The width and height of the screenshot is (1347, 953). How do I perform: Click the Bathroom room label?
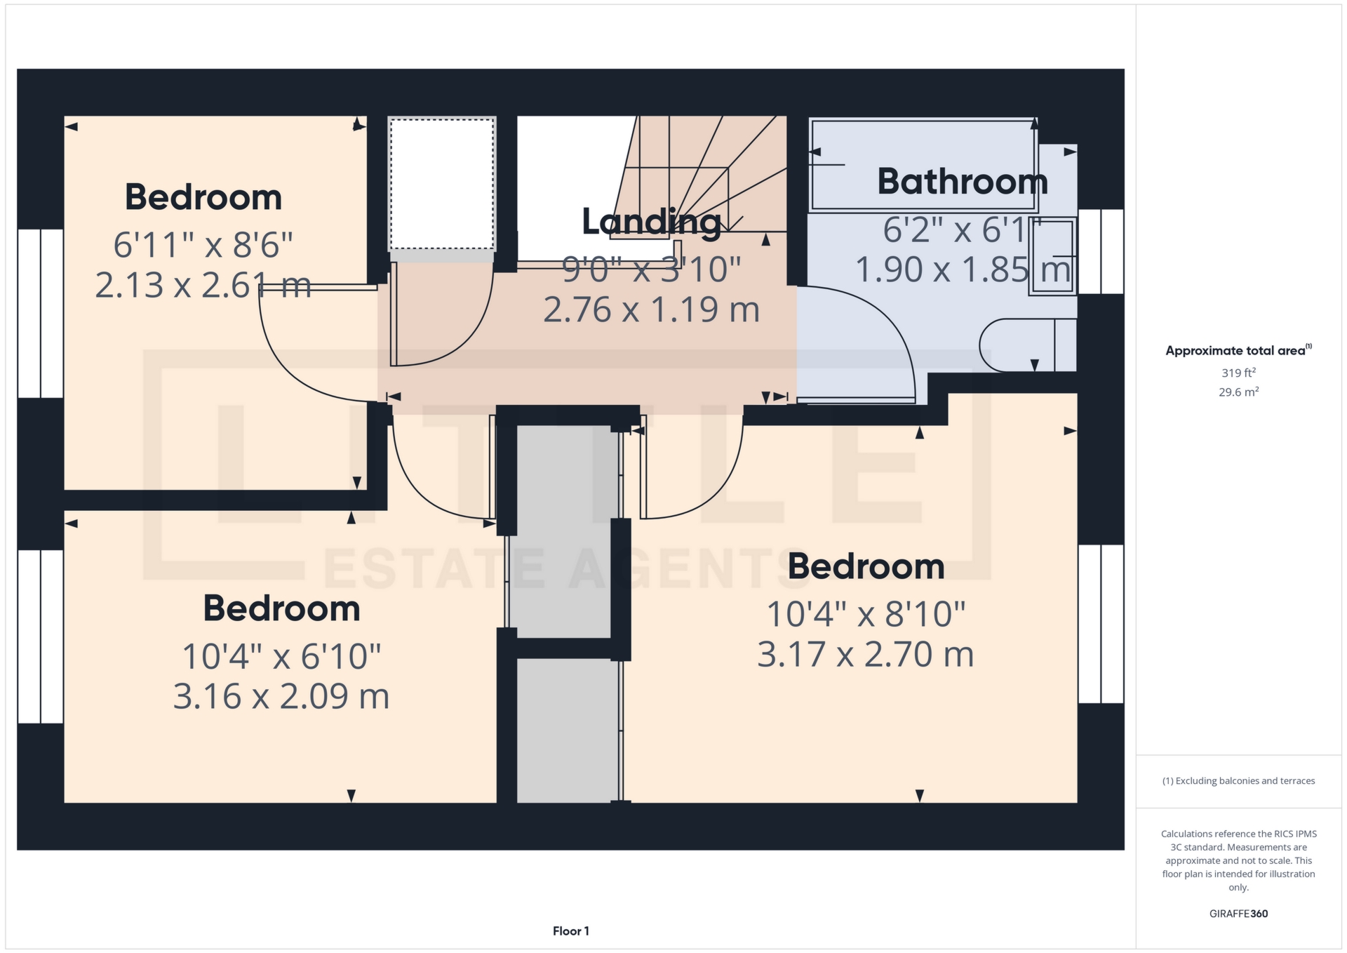[963, 182]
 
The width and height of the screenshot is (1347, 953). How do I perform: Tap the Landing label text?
[652, 222]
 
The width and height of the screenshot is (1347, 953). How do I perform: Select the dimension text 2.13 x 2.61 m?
[203, 286]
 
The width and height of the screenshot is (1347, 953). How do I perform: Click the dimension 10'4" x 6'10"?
[281, 657]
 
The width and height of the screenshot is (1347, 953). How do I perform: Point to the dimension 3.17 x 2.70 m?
[866, 655]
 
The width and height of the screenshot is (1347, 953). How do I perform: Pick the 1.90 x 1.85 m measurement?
[963, 269]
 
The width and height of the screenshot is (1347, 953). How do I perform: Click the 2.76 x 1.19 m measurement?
[652, 310]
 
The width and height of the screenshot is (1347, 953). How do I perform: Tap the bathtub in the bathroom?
[923, 165]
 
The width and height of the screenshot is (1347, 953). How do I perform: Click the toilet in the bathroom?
[1028, 345]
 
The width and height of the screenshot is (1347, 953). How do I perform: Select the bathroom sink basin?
[1053, 256]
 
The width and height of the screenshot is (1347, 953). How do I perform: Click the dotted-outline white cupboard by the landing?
[443, 184]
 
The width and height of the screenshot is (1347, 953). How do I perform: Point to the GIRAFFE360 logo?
[1238, 914]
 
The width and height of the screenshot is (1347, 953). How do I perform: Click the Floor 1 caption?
[571, 931]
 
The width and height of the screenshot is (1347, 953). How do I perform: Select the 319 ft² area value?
[1238, 373]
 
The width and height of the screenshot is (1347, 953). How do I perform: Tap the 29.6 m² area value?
[1238, 392]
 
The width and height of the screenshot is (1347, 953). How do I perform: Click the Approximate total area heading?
[1238, 350]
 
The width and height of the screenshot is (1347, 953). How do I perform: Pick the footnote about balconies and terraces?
[1238, 781]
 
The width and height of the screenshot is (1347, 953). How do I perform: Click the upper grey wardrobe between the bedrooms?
[564, 531]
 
